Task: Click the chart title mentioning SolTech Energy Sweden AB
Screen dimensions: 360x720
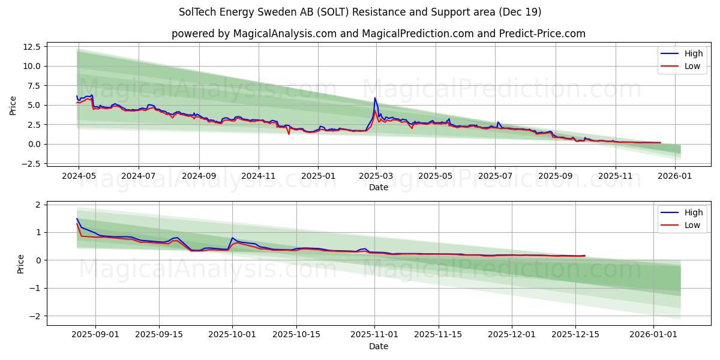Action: click(x=360, y=12)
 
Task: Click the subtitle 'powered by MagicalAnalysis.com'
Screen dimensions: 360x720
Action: click(x=378, y=34)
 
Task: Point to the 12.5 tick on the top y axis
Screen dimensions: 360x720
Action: click(x=31, y=47)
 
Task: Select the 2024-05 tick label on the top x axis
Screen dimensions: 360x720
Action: click(x=79, y=177)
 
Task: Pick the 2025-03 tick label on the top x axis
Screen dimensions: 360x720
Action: click(x=376, y=177)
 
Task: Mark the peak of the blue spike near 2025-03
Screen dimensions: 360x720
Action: click(x=375, y=98)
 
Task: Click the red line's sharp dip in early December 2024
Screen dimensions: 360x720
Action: click(x=289, y=133)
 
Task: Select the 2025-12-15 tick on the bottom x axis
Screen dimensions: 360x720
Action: click(x=575, y=335)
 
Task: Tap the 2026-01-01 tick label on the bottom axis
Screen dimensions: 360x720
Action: click(x=653, y=335)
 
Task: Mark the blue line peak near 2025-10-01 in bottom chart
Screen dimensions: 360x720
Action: click(x=232, y=238)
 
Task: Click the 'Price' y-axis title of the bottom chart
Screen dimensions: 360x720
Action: click(x=21, y=264)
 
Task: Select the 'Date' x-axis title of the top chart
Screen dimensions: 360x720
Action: click(x=378, y=188)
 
